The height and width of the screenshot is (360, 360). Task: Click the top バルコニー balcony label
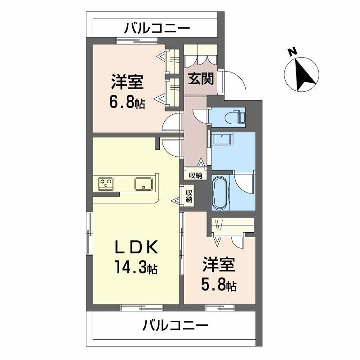[158, 27]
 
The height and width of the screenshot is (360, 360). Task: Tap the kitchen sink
[142, 184]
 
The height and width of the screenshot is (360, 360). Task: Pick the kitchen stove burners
[107, 184]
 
